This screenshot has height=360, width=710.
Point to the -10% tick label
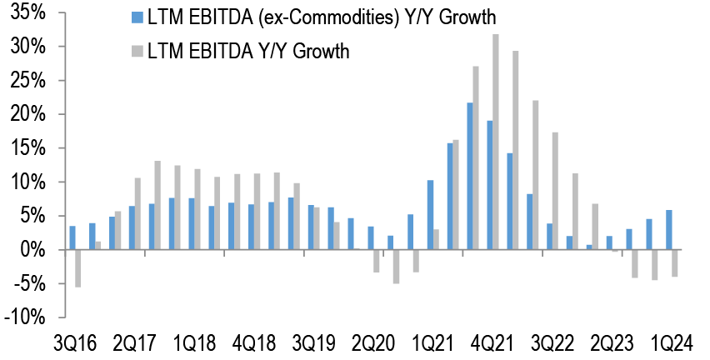coord(26,317)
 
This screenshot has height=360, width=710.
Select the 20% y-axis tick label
coord(29,114)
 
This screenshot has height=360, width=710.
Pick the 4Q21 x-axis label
coord(489,344)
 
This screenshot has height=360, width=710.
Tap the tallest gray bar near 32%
coord(496,142)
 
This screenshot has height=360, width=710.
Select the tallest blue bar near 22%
coord(470,176)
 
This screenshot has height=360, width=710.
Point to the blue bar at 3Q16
coord(72,237)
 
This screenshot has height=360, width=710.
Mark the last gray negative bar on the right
coord(675,263)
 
